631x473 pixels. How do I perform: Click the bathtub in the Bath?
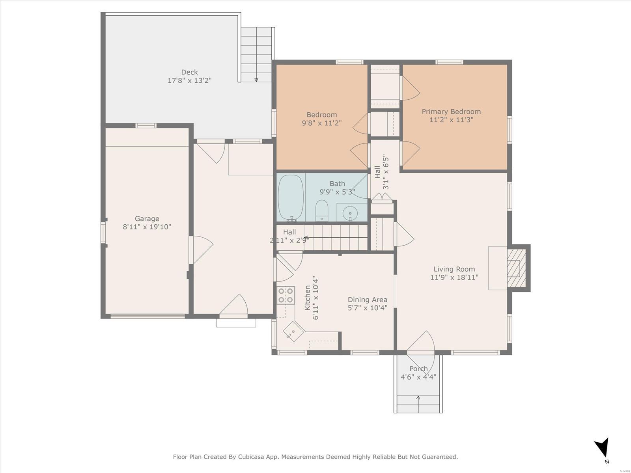[x=291, y=197]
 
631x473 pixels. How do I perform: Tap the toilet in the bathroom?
[x=322, y=210]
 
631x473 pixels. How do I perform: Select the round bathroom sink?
[x=350, y=214]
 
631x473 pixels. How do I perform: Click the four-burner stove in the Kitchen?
[x=286, y=295]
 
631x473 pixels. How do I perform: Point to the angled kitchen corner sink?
[x=293, y=331]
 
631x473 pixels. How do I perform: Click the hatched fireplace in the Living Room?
[x=517, y=268]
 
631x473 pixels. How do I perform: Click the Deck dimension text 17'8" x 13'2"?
[x=189, y=80]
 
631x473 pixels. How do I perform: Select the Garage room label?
[x=147, y=218]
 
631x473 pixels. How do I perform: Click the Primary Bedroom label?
[x=451, y=112]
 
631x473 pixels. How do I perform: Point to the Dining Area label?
[x=368, y=300]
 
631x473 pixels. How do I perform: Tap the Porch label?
[x=418, y=369]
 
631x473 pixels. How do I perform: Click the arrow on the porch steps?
[x=418, y=404]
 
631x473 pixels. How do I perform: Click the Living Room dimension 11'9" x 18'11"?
[x=454, y=277]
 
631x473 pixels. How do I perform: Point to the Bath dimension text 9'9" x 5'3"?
[x=337, y=192]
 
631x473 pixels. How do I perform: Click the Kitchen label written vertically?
[x=307, y=298]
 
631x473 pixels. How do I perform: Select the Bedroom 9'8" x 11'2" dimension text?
[x=322, y=123]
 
